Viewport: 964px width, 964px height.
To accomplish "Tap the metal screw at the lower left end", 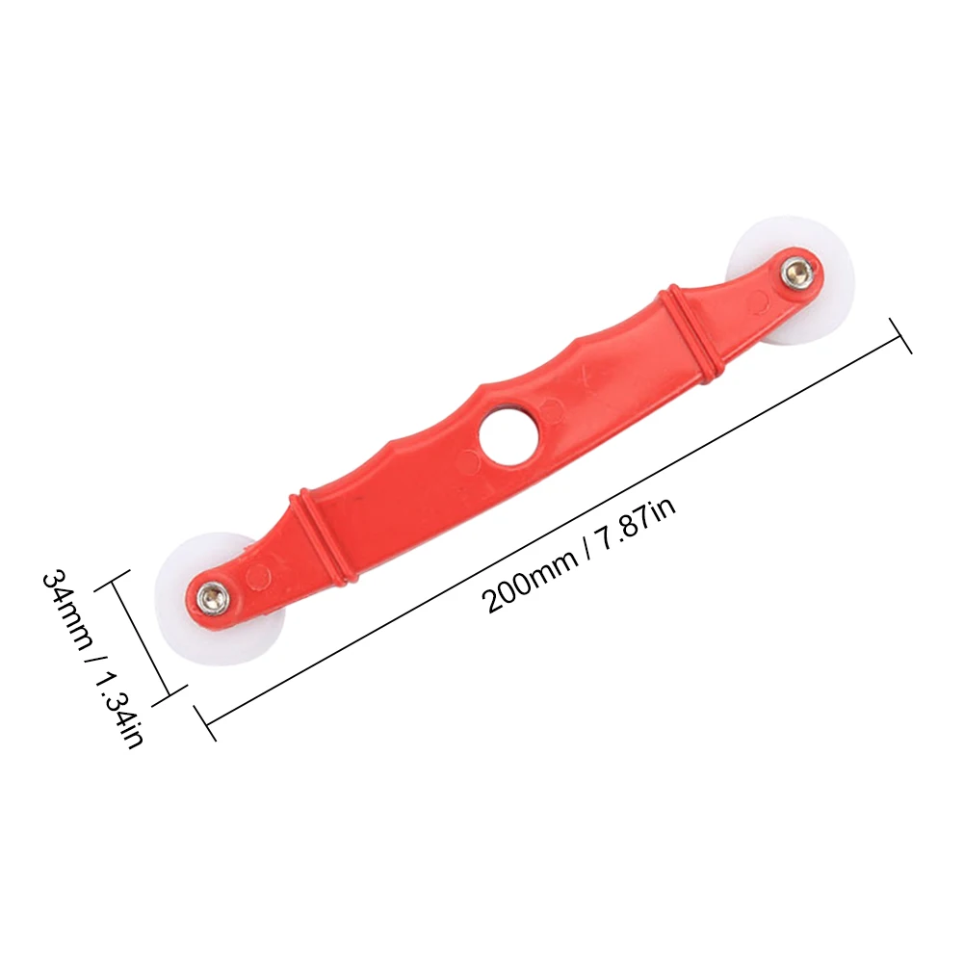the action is click(x=212, y=595).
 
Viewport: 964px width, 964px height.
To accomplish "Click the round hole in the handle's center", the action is click(x=509, y=433).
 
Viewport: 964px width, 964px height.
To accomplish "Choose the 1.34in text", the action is click(x=119, y=708).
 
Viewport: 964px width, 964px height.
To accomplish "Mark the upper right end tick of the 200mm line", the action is click(x=900, y=336).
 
